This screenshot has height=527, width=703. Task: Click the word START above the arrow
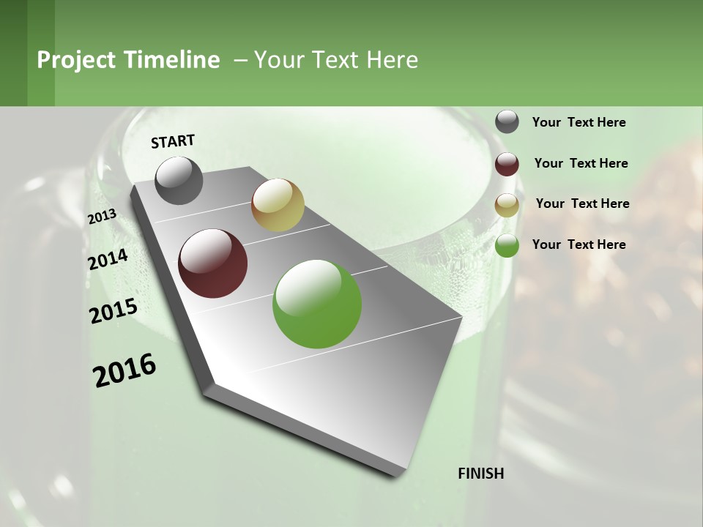point(173,141)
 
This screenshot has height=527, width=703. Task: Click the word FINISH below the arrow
point(480,474)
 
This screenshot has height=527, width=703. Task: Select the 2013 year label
point(102,217)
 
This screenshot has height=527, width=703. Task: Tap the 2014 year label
point(108,260)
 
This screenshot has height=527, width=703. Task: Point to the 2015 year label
point(114,311)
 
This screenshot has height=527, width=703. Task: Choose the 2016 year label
point(124,370)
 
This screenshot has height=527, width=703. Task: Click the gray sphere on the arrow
point(179,180)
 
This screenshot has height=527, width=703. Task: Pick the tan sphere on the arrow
point(278,205)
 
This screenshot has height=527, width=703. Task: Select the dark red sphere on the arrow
point(213,263)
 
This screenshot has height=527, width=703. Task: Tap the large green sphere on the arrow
point(317,304)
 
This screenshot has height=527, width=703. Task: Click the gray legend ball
point(507,122)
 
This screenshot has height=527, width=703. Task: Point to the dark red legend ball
point(507,164)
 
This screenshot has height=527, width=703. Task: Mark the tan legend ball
point(507,205)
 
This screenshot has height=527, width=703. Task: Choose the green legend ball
point(507,245)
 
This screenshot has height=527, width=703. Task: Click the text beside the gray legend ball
point(579,122)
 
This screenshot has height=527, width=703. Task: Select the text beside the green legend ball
point(579,244)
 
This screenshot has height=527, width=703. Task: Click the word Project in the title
point(76,60)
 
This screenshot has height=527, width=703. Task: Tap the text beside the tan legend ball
point(582,203)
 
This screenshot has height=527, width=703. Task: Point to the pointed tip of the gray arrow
point(399,474)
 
